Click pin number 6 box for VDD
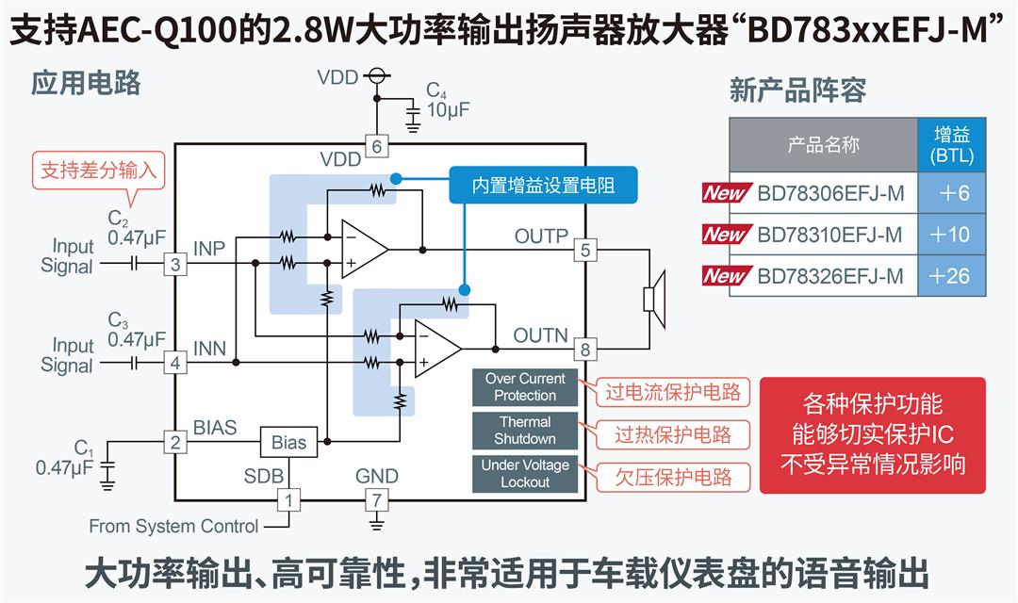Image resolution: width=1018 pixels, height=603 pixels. [x=376, y=146]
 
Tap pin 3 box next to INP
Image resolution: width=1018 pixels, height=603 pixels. [x=174, y=264]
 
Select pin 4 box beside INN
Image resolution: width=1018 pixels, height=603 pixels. [x=174, y=362]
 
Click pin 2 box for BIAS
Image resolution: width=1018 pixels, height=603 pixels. [x=174, y=441]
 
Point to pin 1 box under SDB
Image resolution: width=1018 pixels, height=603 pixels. [x=289, y=499]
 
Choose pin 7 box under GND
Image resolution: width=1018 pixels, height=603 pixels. [x=376, y=499]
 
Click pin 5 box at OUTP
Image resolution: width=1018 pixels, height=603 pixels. [x=585, y=250]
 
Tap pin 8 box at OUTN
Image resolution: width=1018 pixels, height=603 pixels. [x=585, y=350]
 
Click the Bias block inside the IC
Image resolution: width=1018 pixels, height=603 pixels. [x=288, y=442]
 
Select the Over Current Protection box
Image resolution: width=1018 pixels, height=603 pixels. [x=525, y=387]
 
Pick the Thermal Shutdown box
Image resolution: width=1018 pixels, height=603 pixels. [x=525, y=431]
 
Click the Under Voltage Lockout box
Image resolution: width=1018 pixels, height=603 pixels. [x=525, y=474]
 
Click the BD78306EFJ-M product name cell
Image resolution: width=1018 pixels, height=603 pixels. [x=829, y=193]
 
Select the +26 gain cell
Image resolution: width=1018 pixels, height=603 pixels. [x=951, y=276]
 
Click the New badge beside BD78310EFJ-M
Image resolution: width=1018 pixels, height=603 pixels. [x=727, y=235]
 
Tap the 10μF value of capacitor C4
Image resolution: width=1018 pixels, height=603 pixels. [x=448, y=109]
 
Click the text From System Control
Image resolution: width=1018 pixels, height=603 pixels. [x=173, y=526]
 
